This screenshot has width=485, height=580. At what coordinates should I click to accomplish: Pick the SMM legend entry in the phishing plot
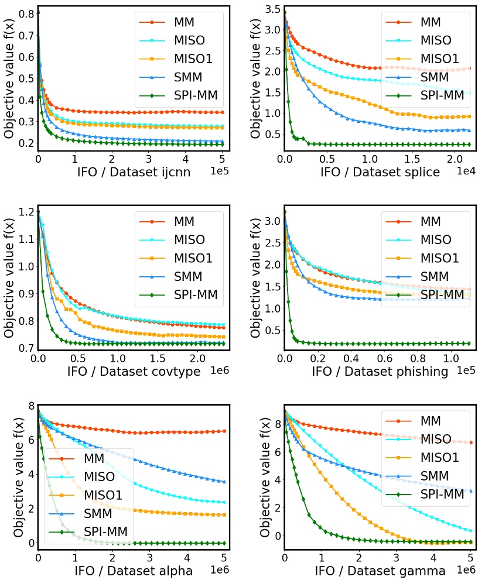point(426,276)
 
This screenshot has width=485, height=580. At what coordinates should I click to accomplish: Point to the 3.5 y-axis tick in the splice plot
point(272,9)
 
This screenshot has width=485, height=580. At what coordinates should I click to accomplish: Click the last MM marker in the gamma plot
point(471,442)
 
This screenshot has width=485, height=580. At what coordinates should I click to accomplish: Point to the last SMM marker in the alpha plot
point(224,481)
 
